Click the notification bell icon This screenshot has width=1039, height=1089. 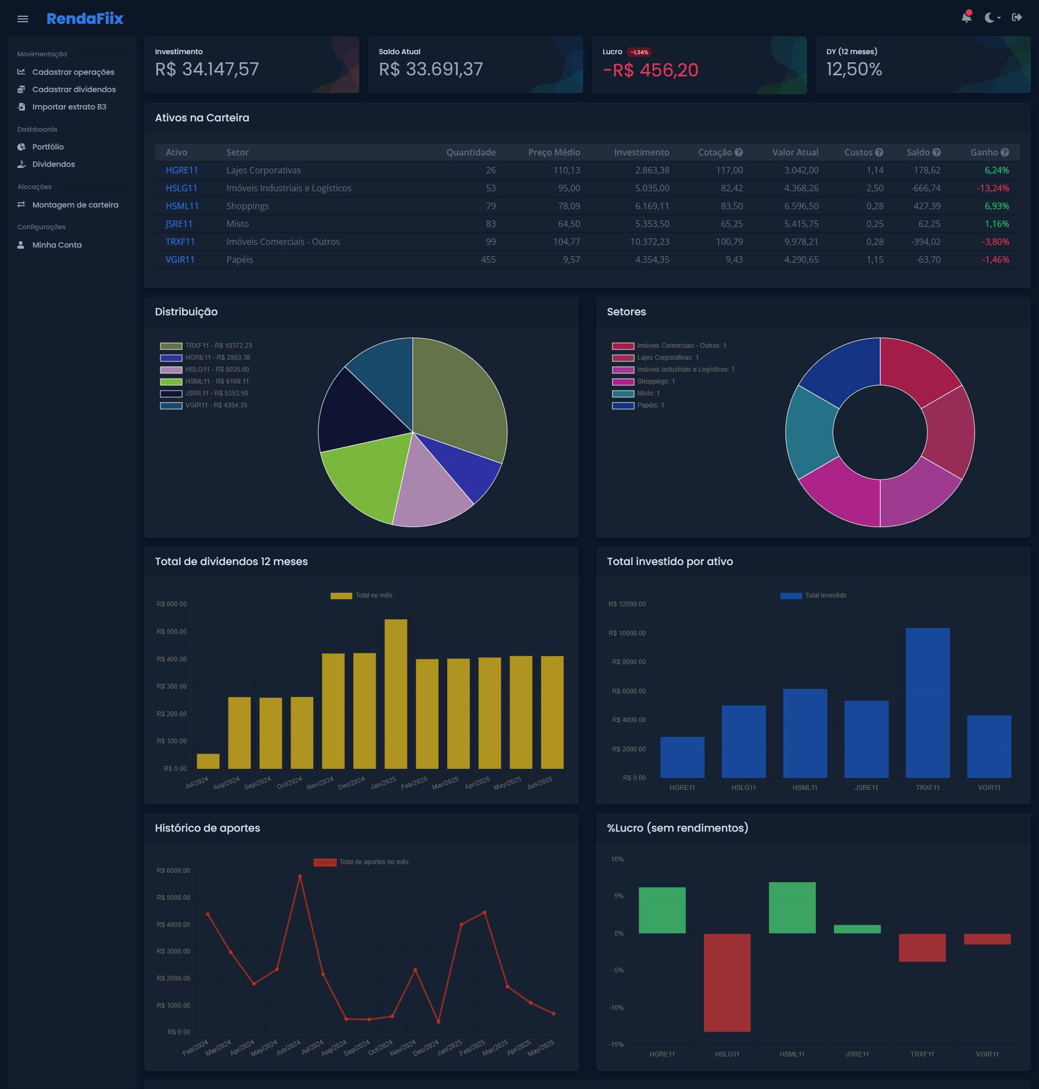point(966,17)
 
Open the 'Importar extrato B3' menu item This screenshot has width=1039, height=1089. point(69,107)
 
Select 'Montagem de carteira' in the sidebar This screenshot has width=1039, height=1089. point(75,205)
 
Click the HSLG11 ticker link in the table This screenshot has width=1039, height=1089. point(181,188)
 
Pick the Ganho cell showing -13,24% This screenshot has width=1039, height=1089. point(992,188)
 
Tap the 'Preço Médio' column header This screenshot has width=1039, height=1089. point(553,152)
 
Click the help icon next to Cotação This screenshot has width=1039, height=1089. point(738,152)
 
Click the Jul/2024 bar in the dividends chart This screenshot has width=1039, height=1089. point(208,761)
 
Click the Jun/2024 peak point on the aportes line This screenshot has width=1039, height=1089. point(300,877)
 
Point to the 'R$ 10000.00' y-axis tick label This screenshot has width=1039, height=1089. point(627,633)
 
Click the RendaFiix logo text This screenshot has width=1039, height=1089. point(85,18)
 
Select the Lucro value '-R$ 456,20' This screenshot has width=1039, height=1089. point(650,70)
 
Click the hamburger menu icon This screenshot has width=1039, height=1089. point(23,19)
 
